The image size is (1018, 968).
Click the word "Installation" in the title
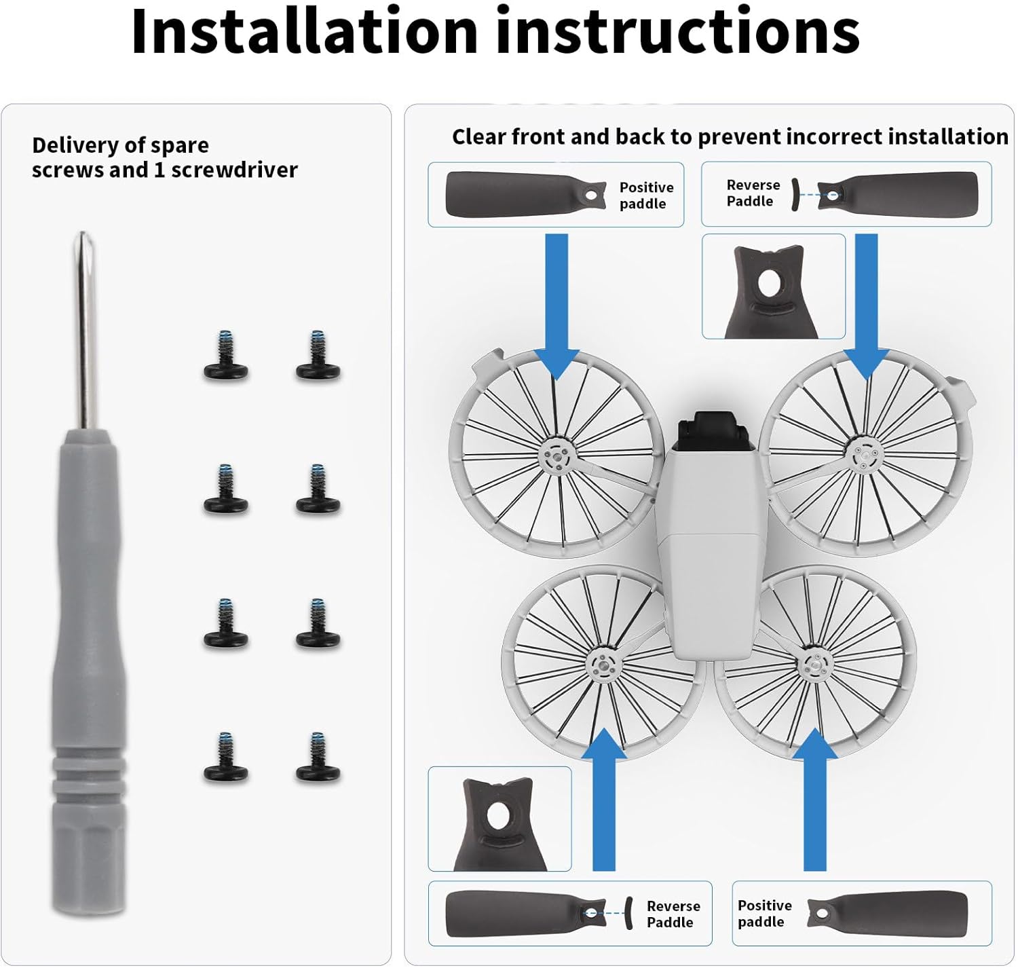click(x=305, y=31)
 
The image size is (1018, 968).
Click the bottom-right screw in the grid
click(x=318, y=757)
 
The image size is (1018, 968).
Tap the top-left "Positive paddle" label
click(x=646, y=196)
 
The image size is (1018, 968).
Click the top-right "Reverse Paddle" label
click(x=753, y=193)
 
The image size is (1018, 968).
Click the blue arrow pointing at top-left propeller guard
click(x=557, y=306)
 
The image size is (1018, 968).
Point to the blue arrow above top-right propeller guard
click(x=866, y=306)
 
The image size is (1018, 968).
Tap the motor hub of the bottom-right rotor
click(x=816, y=664)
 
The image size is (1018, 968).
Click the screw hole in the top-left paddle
click(x=590, y=196)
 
